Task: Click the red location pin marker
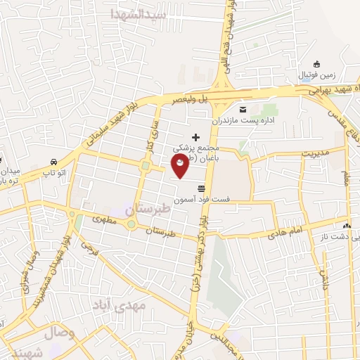(181, 166)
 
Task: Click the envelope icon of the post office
(243, 109)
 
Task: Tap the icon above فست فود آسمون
(202, 188)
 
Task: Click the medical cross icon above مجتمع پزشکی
(195, 135)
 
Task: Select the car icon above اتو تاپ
(54, 160)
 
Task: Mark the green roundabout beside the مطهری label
(131, 225)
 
